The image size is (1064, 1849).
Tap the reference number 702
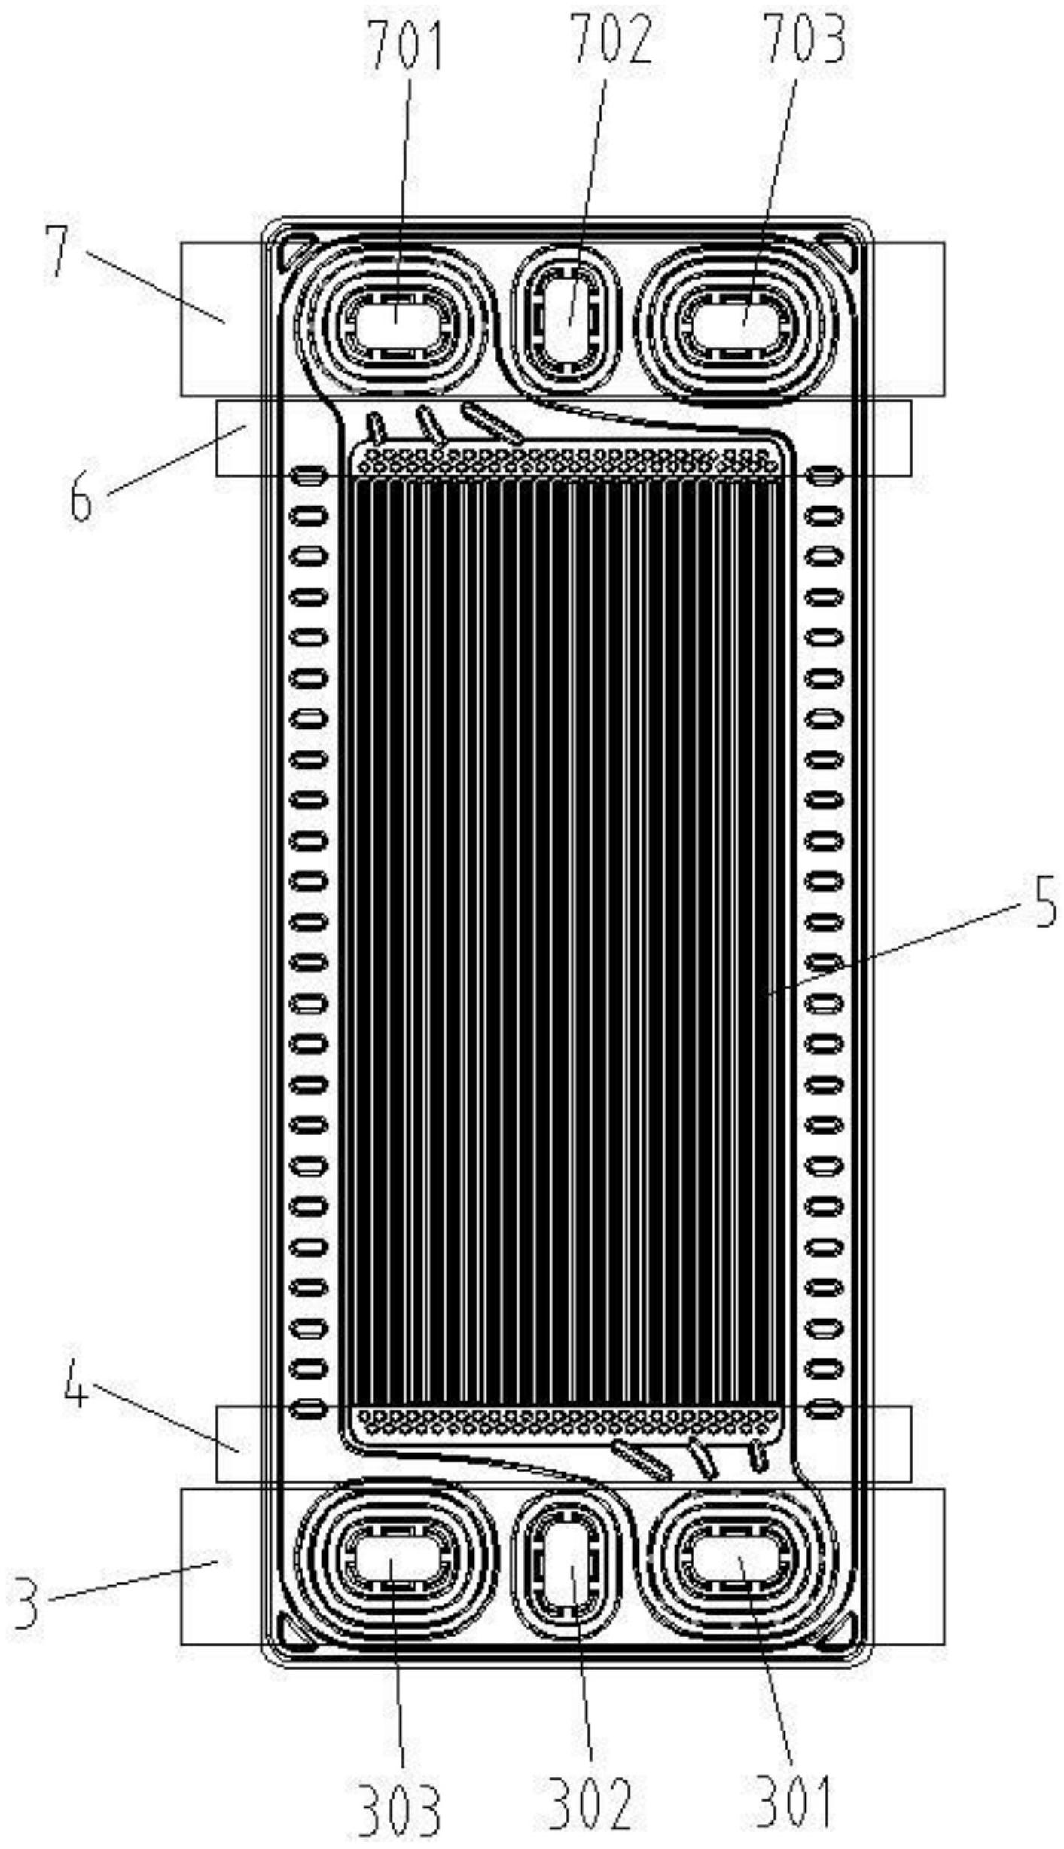tap(611, 40)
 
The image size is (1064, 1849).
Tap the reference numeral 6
tap(81, 495)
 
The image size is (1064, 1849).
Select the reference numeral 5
tap(1044, 903)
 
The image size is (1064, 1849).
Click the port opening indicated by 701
tap(398, 325)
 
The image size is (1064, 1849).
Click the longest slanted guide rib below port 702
tap(492, 423)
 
